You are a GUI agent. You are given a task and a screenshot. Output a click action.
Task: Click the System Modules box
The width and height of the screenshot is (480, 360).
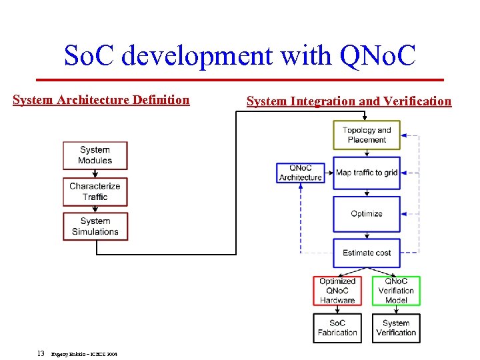[95, 155]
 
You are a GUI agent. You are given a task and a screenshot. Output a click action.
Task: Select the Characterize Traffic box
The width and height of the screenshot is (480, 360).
[95, 191]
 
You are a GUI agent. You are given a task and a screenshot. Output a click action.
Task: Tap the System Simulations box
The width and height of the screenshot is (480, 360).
[95, 227]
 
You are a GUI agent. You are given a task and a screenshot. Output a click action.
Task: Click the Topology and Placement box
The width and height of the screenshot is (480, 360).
[367, 135]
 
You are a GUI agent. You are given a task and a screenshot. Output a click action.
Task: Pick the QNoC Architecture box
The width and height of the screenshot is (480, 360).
[300, 173]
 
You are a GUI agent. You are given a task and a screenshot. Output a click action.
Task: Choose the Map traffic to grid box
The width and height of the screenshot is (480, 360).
[367, 173]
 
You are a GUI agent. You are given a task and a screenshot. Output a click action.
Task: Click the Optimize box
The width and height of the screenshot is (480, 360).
[367, 213]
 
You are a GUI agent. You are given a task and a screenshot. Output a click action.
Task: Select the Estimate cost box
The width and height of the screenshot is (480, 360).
[367, 253]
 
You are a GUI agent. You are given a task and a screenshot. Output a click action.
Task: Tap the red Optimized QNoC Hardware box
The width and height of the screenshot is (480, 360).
[337, 291]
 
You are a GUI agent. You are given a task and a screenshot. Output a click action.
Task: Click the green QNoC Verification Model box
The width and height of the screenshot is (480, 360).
[396, 291]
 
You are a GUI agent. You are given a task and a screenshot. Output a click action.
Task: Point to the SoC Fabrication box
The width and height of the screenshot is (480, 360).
[337, 328]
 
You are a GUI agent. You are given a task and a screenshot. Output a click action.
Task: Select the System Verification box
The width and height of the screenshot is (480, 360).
[396, 328]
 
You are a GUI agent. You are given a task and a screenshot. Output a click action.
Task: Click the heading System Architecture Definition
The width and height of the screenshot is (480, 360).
[101, 100]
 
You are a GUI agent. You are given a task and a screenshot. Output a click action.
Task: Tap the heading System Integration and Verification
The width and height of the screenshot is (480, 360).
[349, 101]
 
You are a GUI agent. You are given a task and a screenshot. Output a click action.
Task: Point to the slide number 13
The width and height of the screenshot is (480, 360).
[41, 353]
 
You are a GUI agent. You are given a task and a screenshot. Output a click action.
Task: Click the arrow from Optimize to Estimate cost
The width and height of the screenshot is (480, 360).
[367, 235]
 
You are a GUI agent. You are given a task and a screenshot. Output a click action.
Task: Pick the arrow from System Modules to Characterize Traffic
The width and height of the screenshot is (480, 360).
[95, 173]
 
